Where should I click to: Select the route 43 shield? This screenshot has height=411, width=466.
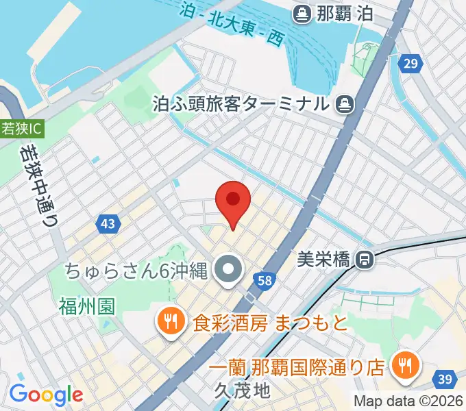pyautogui.click(x=108, y=223)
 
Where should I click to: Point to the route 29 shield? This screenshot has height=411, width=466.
pyautogui.click(x=410, y=64)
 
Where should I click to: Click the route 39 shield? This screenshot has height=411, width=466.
pyautogui.click(x=445, y=379)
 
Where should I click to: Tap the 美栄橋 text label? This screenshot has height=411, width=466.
pyautogui.click(x=324, y=260)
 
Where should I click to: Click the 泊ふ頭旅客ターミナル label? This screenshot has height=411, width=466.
pyautogui.click(x=241, y=105)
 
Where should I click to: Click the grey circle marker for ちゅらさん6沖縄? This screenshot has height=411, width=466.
pyautogui.click(x=227, y=271)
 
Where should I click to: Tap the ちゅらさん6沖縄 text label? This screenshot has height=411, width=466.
pyautogui.click(x=136, y=271)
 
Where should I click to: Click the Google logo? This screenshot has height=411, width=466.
pyautogui.click(x=46, y=395)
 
